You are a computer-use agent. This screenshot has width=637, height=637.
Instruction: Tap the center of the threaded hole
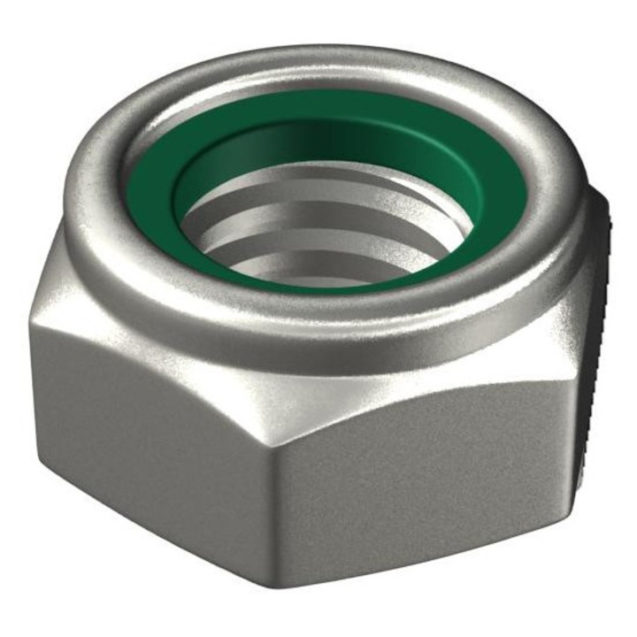(x=323, y=221)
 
